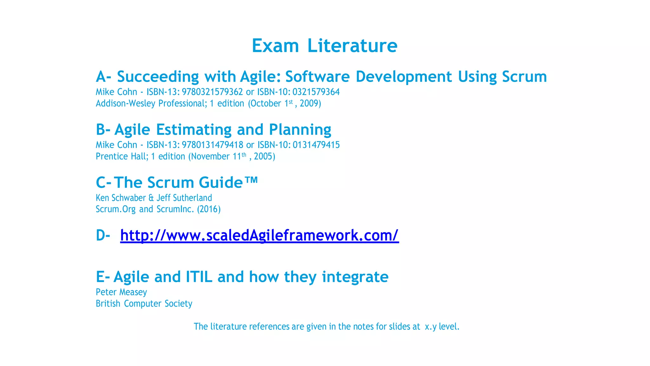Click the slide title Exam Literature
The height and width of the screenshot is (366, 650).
324,46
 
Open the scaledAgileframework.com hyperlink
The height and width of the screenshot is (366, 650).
259,235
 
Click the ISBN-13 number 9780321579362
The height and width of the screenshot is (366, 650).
212,92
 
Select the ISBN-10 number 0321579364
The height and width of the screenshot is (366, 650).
316,92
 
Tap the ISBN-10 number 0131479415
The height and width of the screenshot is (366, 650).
316,145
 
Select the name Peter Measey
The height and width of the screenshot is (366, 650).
122,292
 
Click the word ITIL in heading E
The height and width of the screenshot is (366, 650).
199,277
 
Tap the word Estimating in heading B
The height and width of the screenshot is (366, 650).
194,130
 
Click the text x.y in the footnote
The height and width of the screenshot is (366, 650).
431,327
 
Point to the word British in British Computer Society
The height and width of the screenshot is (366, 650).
108,304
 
